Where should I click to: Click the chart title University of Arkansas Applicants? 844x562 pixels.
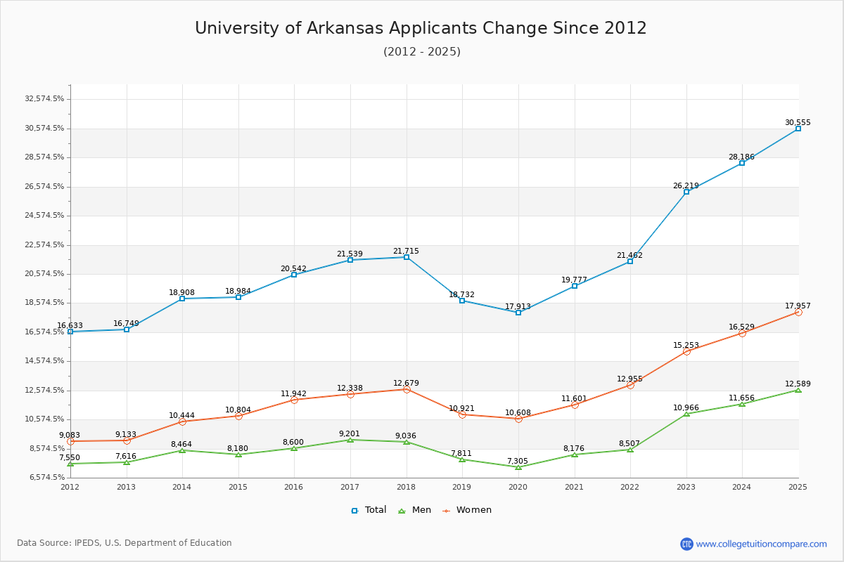tap(421, 28)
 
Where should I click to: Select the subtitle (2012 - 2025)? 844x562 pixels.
tap(422, 51)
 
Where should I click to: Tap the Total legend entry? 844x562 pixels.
tap(369, 510)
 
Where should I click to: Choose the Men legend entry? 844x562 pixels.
tap(415, 510)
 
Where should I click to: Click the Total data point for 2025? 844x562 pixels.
tap(798, 129)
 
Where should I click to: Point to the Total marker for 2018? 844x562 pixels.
tap(407, 257)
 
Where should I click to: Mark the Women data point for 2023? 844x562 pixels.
tap(686, 351)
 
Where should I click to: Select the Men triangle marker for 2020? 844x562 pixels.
tap(518, 467)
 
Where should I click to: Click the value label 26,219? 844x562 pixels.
tap(686, 186)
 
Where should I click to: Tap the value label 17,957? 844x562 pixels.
tap(798, 306)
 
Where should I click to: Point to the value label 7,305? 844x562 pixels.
tap(517, 462)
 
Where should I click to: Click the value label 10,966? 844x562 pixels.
tap(686, 408)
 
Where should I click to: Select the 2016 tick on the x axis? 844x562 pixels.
tap(294, 487)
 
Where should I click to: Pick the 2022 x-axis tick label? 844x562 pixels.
tap(629, 487)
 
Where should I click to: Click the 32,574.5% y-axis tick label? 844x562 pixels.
tap(44, 99)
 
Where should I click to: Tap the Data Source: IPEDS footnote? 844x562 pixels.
tap(124, 543)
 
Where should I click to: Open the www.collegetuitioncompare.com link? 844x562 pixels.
tap(761, 544)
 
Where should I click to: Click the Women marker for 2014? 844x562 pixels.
tap(182, 421)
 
